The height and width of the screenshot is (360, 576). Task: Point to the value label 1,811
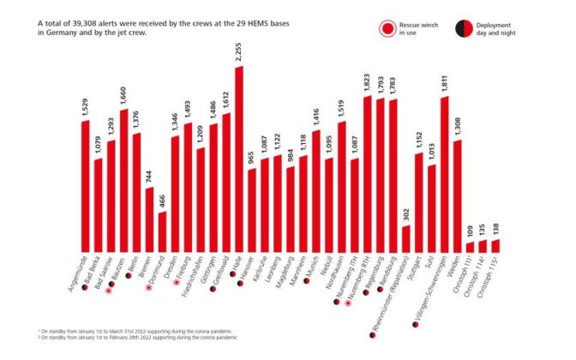point(444,83)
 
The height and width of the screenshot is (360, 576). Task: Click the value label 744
point(149,176)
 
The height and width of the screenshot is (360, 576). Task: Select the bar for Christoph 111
point(470,248)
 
